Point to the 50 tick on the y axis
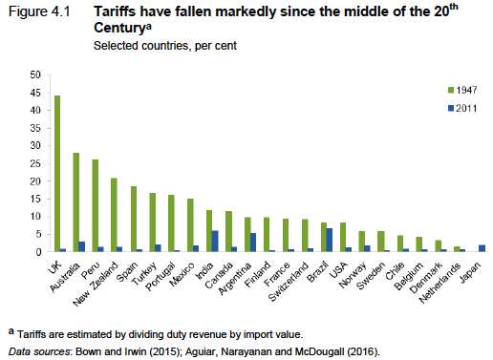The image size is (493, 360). pyautogui.click(x=35, y=74)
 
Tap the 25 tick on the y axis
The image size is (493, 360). pyautogui.click(x=35, y=163)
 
